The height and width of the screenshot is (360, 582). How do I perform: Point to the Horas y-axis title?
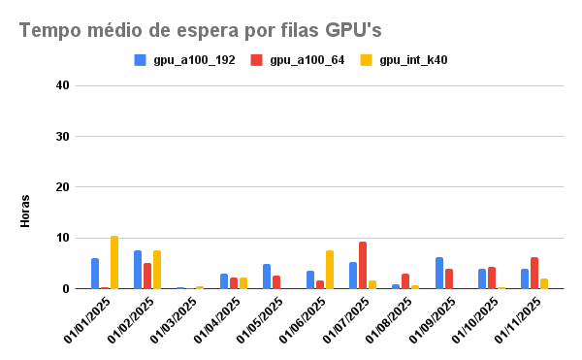pos(26,212)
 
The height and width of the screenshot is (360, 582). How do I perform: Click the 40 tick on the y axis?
pos(62,85)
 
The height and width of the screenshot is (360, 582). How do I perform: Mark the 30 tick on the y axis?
pos(62,137)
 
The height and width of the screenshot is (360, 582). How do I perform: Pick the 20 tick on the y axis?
pos(62,187)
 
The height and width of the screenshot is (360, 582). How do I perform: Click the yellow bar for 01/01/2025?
pos(114,263)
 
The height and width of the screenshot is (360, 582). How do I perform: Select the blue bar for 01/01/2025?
pos(95,274)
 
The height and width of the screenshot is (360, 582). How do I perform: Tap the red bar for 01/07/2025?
pos(363,265)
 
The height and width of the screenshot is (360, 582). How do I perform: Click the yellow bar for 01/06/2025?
pos(330,270)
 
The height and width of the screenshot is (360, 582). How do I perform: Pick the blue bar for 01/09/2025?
pos(439,273)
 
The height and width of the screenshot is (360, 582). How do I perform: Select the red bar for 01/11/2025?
pos(534,273)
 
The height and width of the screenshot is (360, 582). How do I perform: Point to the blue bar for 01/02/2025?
pos(138,270)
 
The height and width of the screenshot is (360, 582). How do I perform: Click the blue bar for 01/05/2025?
pos(267,277)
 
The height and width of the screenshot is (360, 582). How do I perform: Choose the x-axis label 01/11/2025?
pos(522,318)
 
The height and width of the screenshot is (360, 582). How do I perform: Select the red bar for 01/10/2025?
pos(492,278)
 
